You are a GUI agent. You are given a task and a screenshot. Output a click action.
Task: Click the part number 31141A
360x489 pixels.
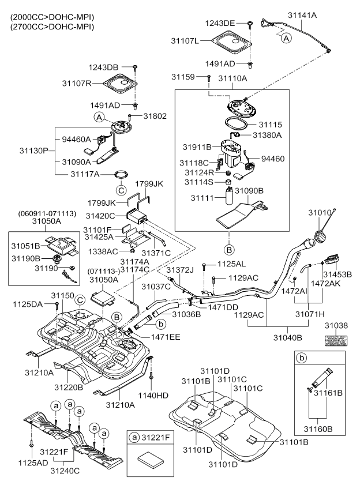coord(307,17)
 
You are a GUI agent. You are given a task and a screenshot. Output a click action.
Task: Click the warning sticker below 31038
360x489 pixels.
coord(334,340)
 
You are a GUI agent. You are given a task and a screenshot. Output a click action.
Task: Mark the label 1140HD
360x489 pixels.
coord(152,396)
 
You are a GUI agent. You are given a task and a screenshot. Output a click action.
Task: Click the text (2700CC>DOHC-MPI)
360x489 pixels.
coord(44,27)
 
